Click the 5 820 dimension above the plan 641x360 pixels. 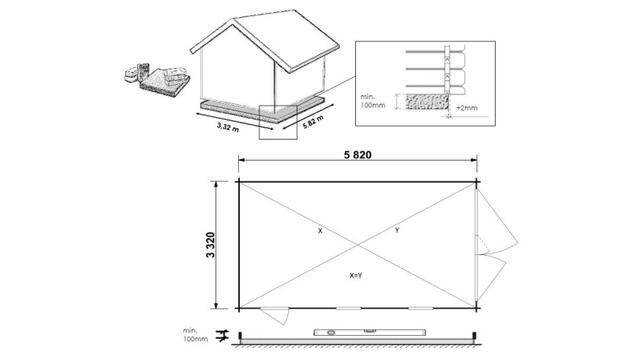[357, 157]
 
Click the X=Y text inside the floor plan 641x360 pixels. [356, 275]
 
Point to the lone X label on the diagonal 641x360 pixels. [320, 231]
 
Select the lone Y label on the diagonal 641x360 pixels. [396, 231]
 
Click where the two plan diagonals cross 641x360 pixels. [357, 245]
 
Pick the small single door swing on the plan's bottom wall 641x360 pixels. [274, 316]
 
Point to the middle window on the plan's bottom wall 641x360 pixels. [349, 308]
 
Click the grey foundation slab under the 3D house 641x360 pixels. [266, 110]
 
